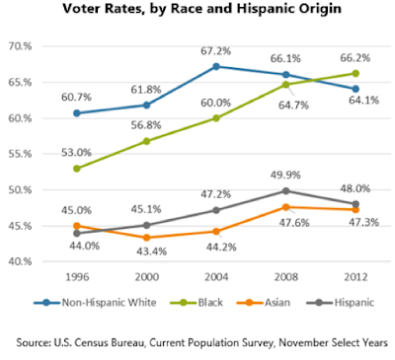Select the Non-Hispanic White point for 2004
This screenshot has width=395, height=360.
[x=216, y=66]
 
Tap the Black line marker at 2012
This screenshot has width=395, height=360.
[x=355, y=73]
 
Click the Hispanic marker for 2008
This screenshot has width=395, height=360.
[x=286, y=190]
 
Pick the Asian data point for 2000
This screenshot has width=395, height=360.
[x=146, y=238]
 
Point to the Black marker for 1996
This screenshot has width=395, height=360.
[x=77, y=169]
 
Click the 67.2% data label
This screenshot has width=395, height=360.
[x=216, y=51]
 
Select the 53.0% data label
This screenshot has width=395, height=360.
[x=76, y=153]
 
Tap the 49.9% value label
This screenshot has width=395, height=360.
[x=285, y=175]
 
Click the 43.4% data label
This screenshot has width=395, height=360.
[x=152, y=252]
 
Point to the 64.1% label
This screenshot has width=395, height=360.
[x=364, y=100]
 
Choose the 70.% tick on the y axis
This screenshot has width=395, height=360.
[x=20, y=46]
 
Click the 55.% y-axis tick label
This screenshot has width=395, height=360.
[x=20, y=154]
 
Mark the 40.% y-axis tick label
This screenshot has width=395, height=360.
[x=20, y=261]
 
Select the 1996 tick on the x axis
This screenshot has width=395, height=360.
[x=77, y=277]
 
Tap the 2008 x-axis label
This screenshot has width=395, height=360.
[x=286, y=277]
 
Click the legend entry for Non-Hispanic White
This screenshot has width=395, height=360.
[x=95, y=302]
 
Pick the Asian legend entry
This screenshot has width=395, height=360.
[x=264, y=302]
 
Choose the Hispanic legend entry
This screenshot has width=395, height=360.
[x=341, y=302]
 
